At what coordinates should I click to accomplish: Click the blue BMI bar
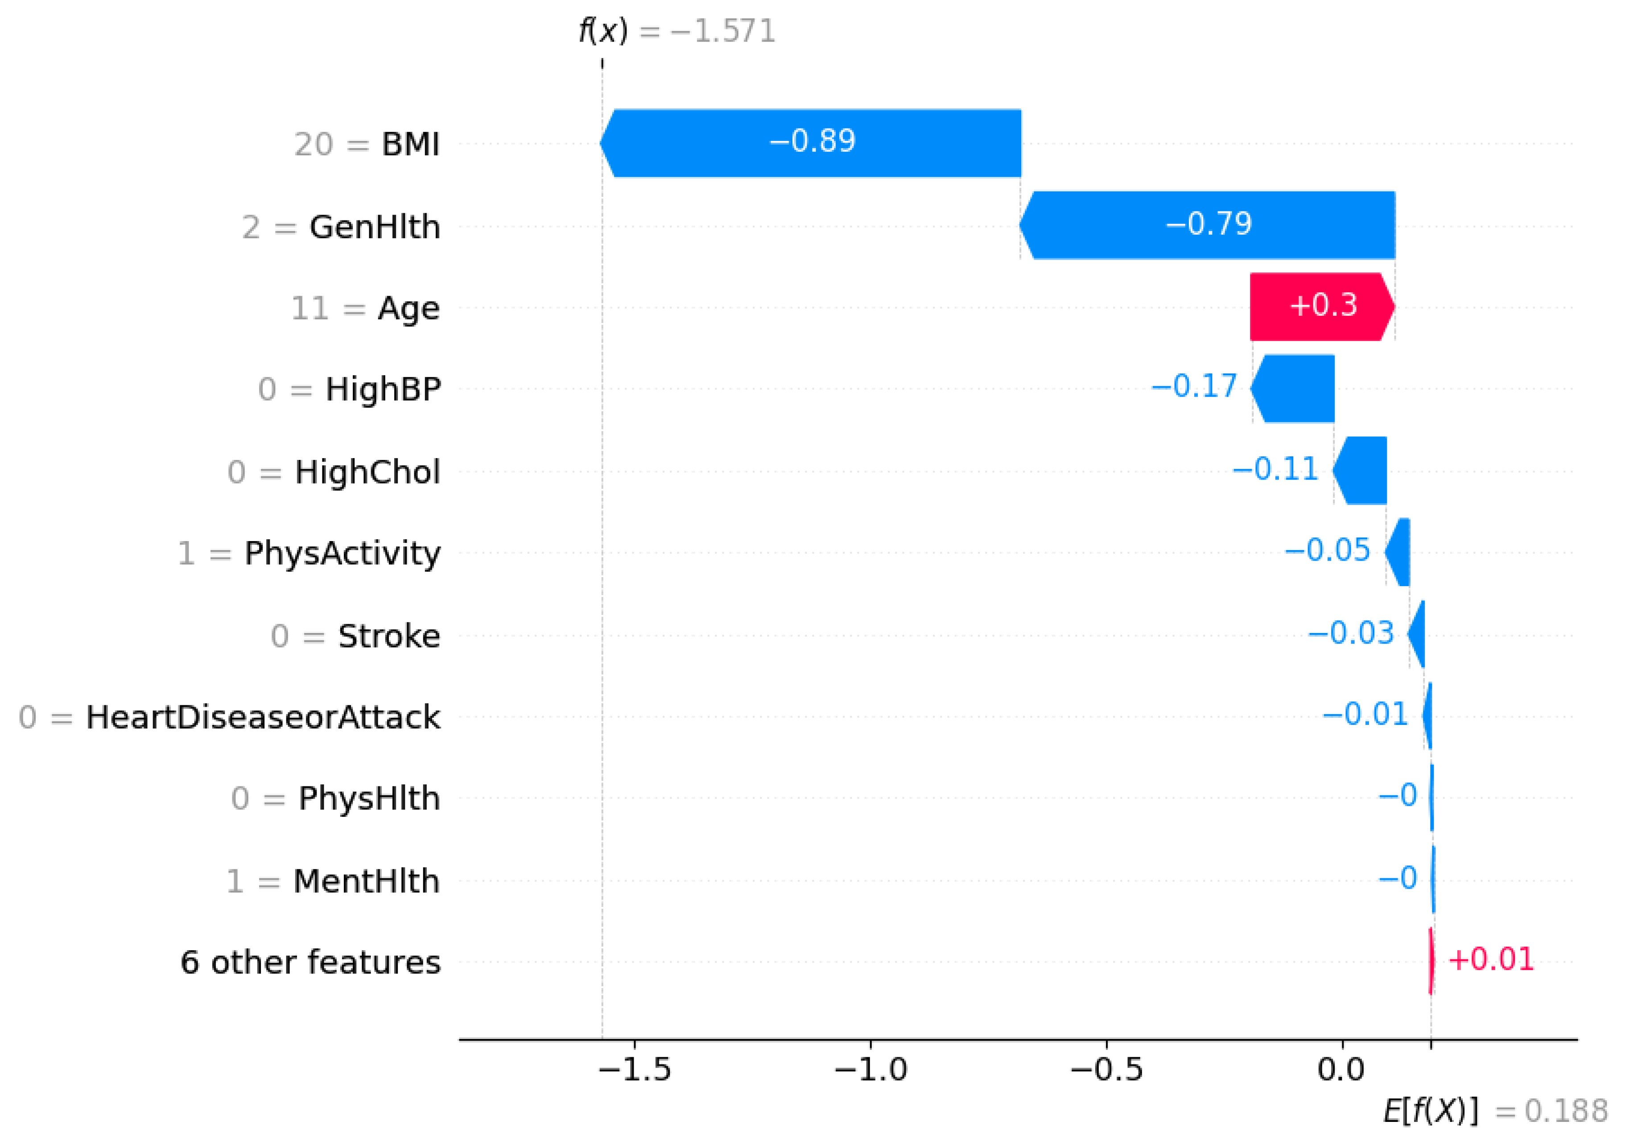click(x=812, y=143)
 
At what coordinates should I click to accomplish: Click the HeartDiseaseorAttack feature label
click(x=263, y=717)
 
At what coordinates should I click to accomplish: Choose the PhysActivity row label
click(x=342, y=554)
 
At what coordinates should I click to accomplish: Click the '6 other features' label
click(x=310, y=962)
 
